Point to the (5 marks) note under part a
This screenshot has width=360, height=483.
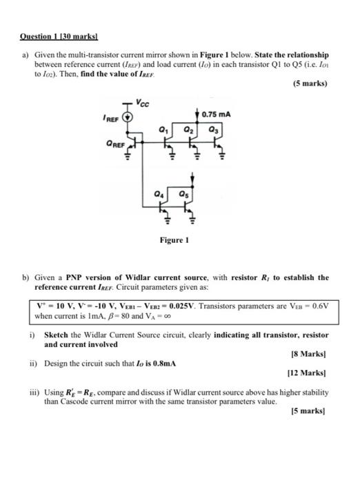pos(310,84)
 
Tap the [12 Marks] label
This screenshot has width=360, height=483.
pos(310,372)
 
